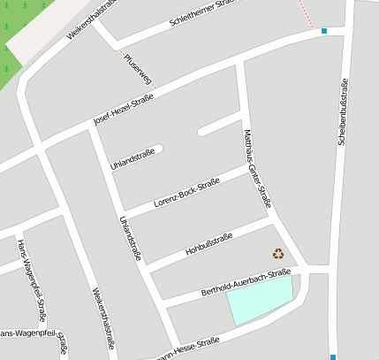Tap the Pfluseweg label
[140, 69]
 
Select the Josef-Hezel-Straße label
[124, 110]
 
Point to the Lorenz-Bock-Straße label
[186, 193]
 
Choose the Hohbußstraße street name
[208, 244]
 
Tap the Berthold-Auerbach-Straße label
[246, 283]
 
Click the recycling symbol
[279, 254]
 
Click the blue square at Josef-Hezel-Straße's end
[324, 31]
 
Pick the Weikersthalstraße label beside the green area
[91, 19]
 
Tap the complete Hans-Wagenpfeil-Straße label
[32, 279]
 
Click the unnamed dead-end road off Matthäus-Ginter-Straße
[219, 125]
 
